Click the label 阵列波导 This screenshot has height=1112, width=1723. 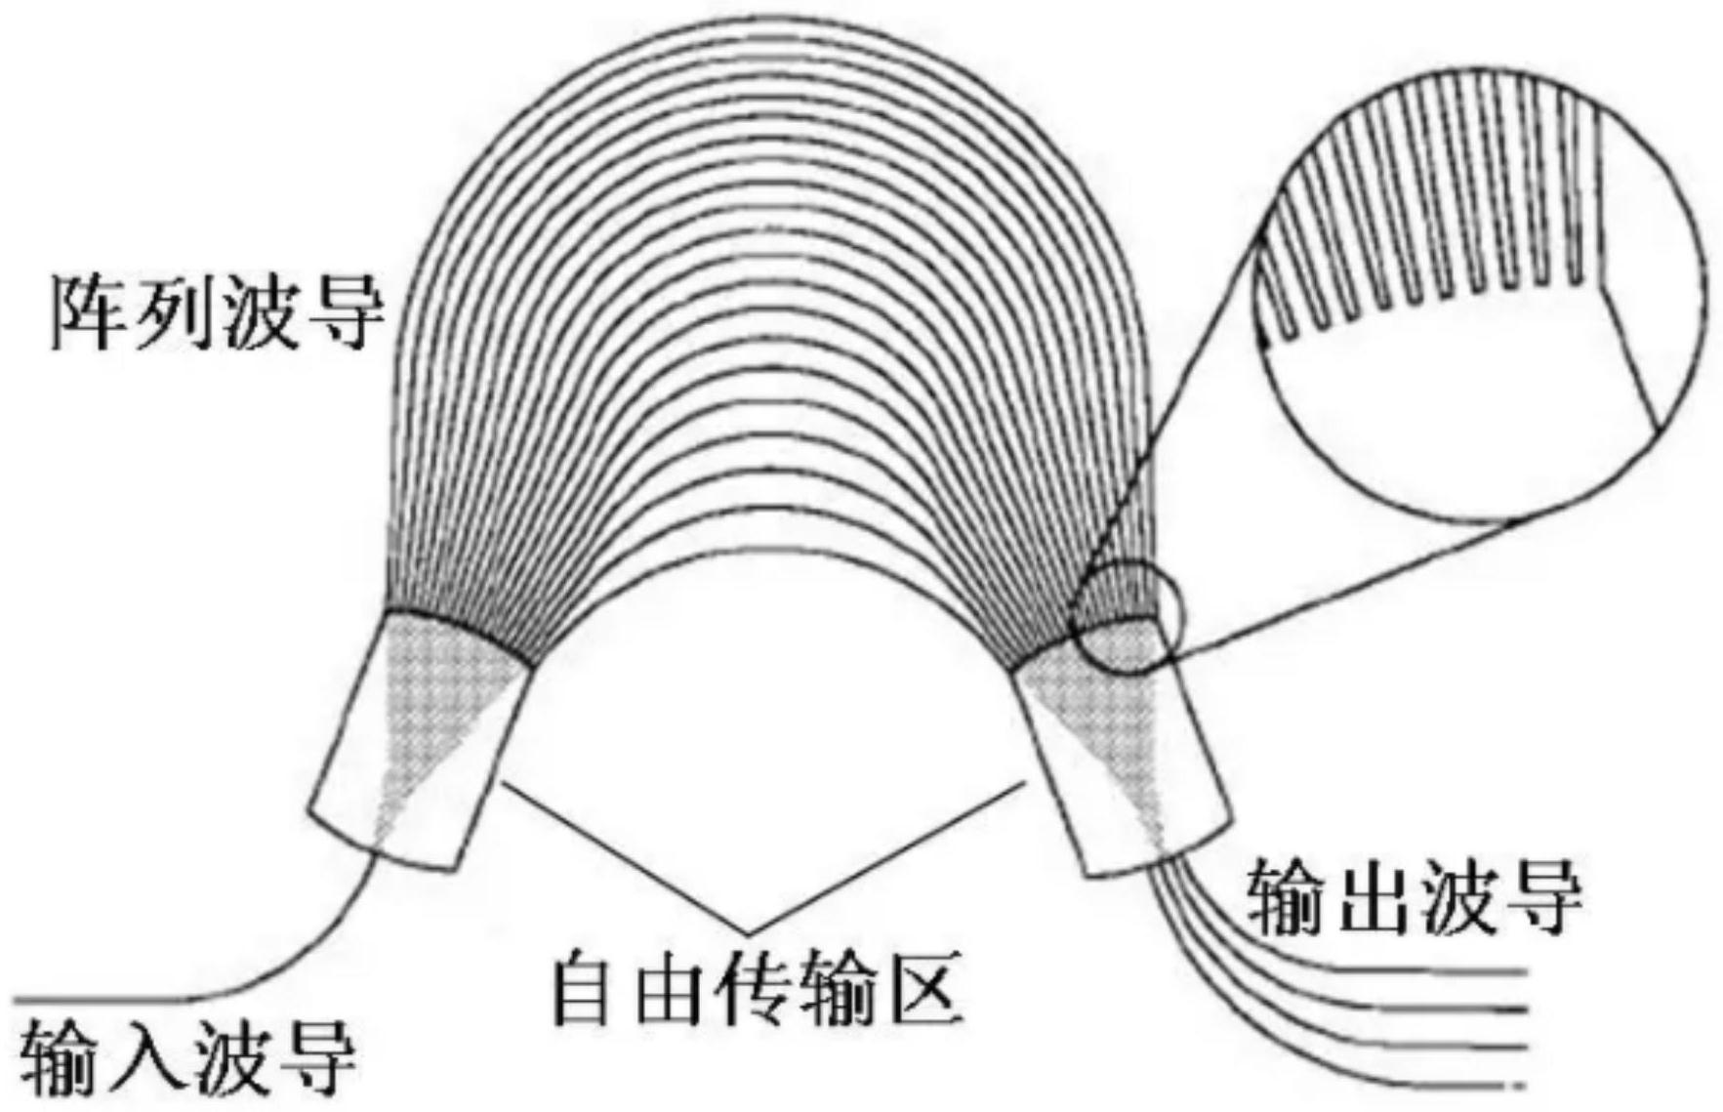point(217,314)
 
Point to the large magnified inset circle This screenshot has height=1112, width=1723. point(1483,293)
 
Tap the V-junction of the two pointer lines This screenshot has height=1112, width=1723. point(747,931)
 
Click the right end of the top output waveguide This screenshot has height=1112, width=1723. point(1524,971)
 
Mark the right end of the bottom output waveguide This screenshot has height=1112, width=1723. point(1524,1084)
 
